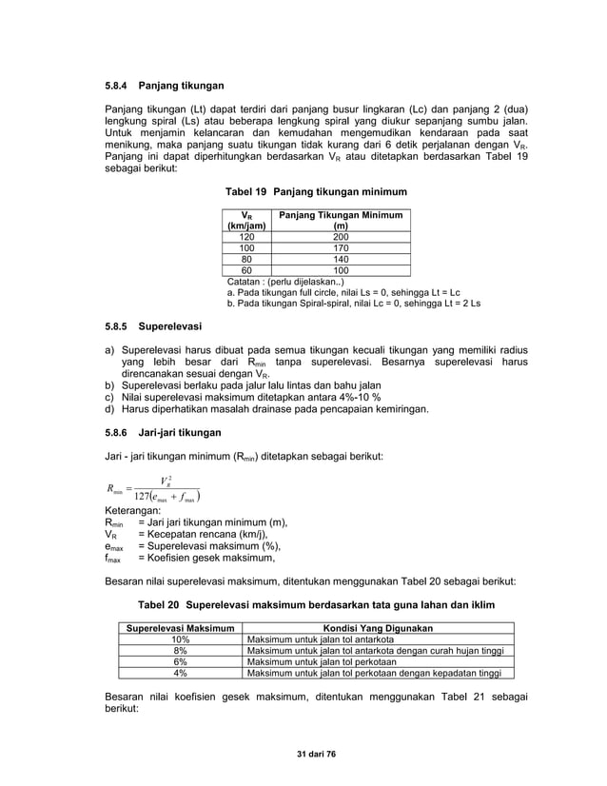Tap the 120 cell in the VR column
[246, 237]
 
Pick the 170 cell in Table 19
[340, 247]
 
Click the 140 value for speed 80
[340, 259]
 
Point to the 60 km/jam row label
[246, 270]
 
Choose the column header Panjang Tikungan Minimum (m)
[340, 221]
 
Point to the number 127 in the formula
[144, 495]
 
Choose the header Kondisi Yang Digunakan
[379, 628]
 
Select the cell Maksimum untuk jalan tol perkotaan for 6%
[313, 662]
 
